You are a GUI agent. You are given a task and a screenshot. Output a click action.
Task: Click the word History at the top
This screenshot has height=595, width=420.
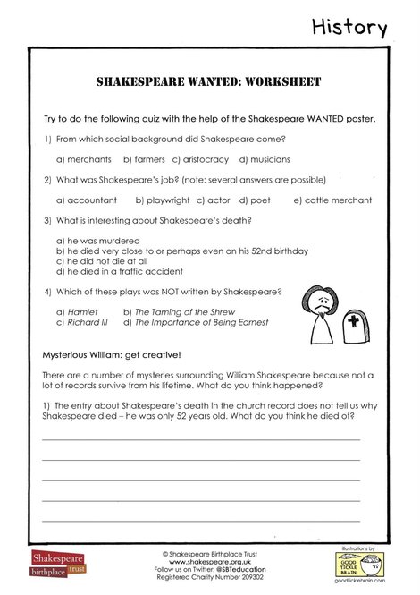(x=349, y=28)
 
